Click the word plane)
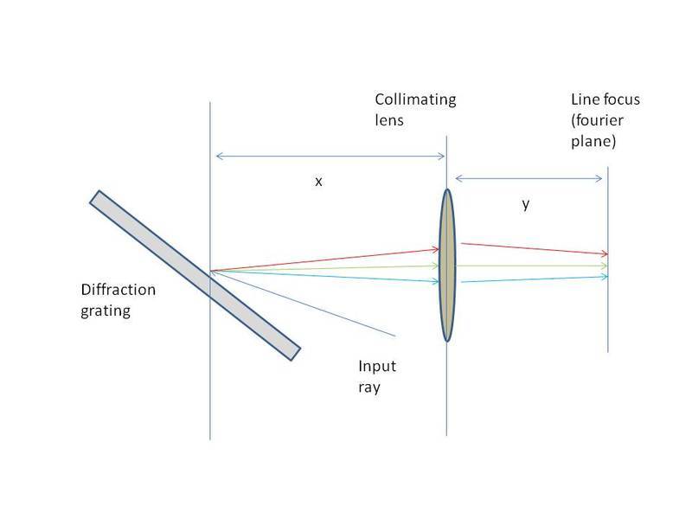pos(587,141)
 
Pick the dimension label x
pos(318,182)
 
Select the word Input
pos(376,367)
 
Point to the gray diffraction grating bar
pos(195,273)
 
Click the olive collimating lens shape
pos(446,265)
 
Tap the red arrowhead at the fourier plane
pos(604,253)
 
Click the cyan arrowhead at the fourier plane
pos(604,277)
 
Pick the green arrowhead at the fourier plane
pos(604,266)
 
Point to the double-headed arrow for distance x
pos(329,157)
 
